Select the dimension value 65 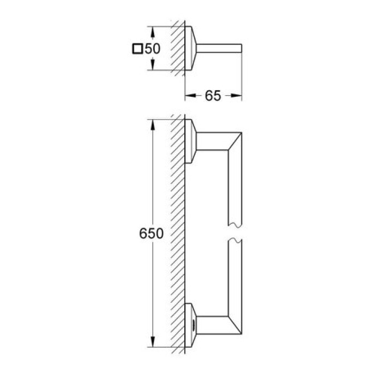point(213,96)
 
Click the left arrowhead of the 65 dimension point(189,96)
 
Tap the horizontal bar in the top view point(222,49)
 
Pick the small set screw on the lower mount point(193,325)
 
